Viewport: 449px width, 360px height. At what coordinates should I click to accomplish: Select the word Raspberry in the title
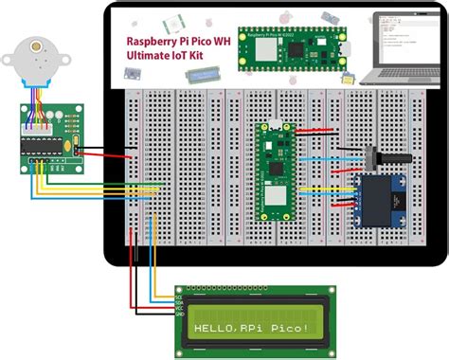coord(155,43)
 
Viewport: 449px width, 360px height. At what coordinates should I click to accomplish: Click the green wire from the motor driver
coord(95,185)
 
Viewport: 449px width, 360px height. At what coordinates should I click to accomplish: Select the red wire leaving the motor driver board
coord(95,153)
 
